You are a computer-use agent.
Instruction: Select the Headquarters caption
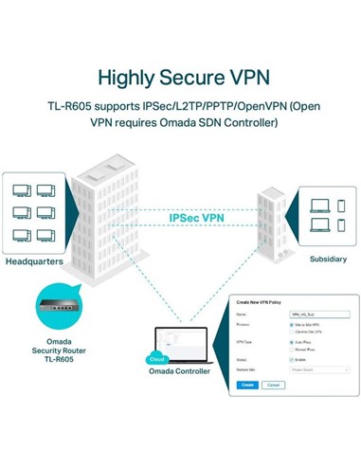click(x=36, y=261)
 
